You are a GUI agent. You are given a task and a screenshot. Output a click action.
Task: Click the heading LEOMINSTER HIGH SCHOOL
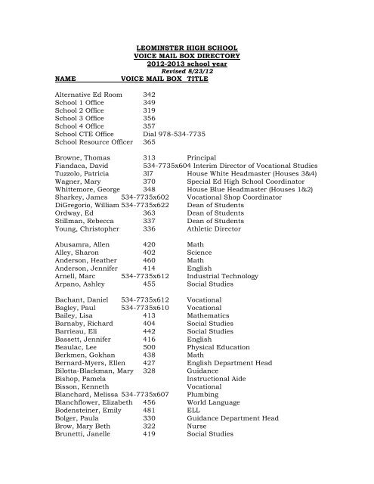pos(186,48)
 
